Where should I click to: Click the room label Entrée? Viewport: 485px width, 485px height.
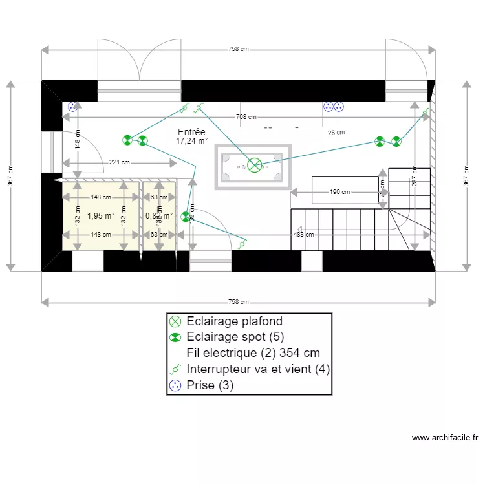click(x=191, y=131)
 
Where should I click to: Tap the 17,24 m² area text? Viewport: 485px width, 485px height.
click(x=191, y=140)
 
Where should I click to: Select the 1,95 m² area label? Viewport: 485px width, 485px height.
click(x=101, y=216)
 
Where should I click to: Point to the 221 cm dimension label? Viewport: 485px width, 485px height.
click(x=120, y=162)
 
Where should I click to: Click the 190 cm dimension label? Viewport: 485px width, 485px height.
click(x=340, y=192)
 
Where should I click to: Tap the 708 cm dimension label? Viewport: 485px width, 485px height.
click(x=246, y=117)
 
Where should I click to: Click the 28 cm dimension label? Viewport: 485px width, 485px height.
click(x=336, y=133)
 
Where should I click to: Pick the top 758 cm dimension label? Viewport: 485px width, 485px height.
click(x=239, y=49)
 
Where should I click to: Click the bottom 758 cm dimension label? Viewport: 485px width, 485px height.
click(x=239, y=301)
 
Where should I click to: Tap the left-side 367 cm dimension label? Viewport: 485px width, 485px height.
click(x=10, y=175)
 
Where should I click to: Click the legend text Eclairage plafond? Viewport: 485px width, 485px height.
click(x=234, y=321)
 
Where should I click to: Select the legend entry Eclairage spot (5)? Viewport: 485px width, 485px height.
click(x=235, y=337)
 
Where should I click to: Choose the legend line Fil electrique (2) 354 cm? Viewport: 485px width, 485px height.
click(x=253, y=353)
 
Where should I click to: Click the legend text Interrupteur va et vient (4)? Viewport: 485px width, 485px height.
click(x=258, y=369)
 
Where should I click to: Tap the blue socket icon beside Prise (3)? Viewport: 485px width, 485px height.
click(x=175, y=385)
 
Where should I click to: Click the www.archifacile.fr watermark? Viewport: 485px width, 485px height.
click(x=444, y=438)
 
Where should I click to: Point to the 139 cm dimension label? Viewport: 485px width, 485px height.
click(x=191, y=213)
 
